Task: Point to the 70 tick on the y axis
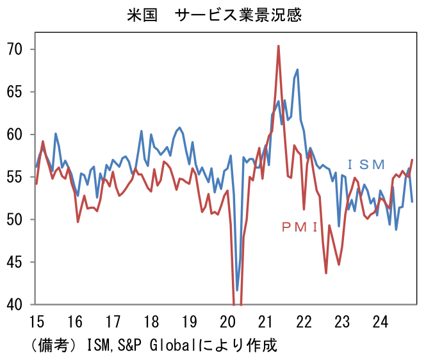point(15,49)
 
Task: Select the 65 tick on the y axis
point(15,92)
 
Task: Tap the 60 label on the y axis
point(15,135)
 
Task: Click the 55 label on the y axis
point(15,177)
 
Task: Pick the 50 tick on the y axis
point(15,220)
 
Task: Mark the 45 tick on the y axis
point(15,262)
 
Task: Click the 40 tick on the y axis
point(15,304)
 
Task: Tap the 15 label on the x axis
point(37,321)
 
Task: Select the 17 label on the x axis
point(113,321)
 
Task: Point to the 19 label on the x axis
point(190,321)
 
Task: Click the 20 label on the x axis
point(227,321)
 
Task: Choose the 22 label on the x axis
point(304,321)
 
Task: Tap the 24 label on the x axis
point(380,321)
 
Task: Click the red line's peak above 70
point(279,46)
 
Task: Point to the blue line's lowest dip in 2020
point(237,290)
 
